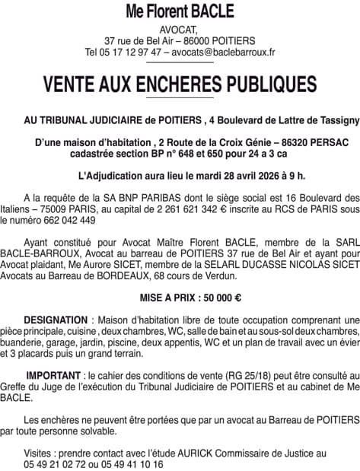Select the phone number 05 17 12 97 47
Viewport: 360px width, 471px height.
[x=129, y=53]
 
